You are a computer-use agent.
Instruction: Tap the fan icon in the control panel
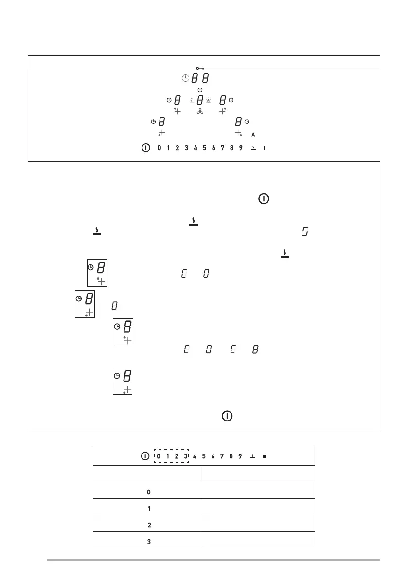200,112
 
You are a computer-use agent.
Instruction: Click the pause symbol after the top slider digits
265,148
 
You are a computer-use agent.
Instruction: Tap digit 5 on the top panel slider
205,148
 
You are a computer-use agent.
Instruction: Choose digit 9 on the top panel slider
241,148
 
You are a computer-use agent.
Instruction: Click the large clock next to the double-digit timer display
184,78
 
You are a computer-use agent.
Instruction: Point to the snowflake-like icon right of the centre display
208,101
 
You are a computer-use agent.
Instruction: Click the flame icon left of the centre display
192,101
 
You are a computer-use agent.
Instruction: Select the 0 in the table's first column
149,492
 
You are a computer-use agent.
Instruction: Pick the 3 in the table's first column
149,542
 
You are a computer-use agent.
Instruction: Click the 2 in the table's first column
149,526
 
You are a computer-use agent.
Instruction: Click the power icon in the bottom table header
145,456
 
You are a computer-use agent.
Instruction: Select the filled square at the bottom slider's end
264,456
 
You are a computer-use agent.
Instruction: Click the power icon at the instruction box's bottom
227,417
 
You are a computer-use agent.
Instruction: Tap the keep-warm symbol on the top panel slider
253,148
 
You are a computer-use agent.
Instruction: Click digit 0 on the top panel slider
159,148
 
